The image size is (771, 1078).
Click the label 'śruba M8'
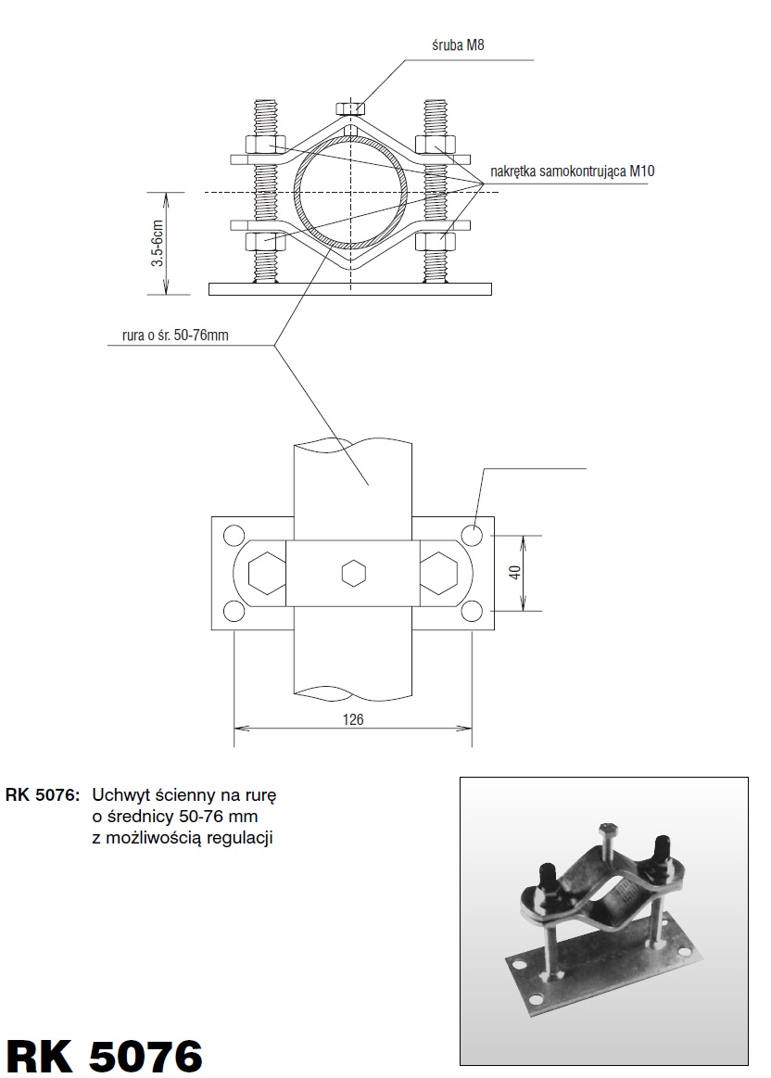pos(458,45)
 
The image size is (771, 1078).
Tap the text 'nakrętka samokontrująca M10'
pos(573,171)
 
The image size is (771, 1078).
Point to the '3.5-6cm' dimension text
pos(158,244)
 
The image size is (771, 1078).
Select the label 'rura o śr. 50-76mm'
pos(175,336)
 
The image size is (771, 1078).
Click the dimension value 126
pos(352,719)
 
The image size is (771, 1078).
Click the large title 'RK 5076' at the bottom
pos(105,1056)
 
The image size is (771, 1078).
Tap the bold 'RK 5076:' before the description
pos(43,795)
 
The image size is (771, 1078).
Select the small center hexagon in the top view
pos(353,573)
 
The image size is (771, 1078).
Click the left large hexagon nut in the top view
pos(267,573)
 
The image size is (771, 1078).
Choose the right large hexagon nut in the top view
pos(439,573)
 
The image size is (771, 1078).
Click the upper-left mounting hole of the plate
pos(234,535)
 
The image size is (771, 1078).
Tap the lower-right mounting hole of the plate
pos(472,611)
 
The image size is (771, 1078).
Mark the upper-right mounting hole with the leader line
pos(472,535)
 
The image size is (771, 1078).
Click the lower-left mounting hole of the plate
pos(234,611)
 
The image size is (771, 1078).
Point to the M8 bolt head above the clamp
pos(350,108)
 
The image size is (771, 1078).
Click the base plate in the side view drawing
pos(349,289)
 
